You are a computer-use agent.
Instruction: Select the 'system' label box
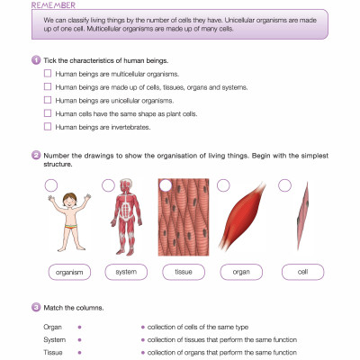(x=126, y=272)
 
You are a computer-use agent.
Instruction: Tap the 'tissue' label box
(x=183, y=272)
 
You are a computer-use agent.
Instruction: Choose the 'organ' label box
(x=240, y=272)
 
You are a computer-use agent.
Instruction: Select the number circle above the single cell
(x=284, y=184)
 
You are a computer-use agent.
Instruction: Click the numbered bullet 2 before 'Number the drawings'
(x=35, y=155)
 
